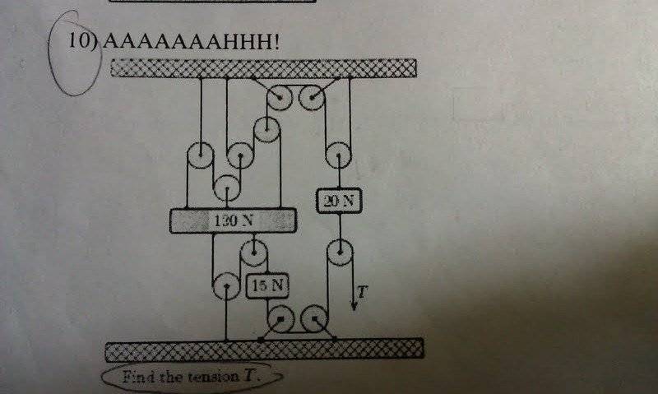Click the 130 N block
[x=233, y=220]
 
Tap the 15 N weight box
[x=266, y=285]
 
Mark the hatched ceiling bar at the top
[x=264, y=67]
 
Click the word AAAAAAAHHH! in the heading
[x=190, y=41]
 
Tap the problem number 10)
[x=83, y=42]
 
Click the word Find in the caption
[x=139, y=378]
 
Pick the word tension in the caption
[x=209, y=378]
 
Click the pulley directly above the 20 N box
[x=336, y=154]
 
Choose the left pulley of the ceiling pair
[x=279, y=99]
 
